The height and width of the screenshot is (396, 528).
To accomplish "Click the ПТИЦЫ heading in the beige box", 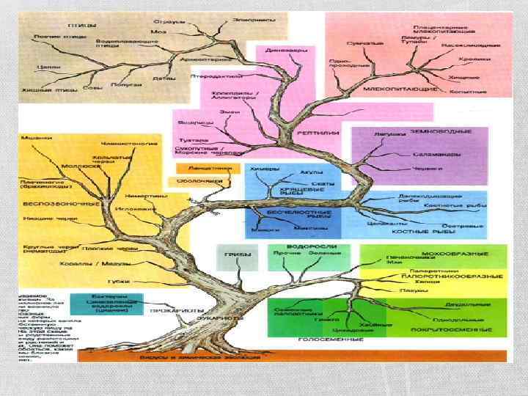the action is tap(83, 25).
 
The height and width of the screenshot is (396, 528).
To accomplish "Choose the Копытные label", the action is tap(472, 92).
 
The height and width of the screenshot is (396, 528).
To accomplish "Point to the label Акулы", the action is tap(307, 173).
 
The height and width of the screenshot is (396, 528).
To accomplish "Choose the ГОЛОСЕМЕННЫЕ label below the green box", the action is tap(320, 340).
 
